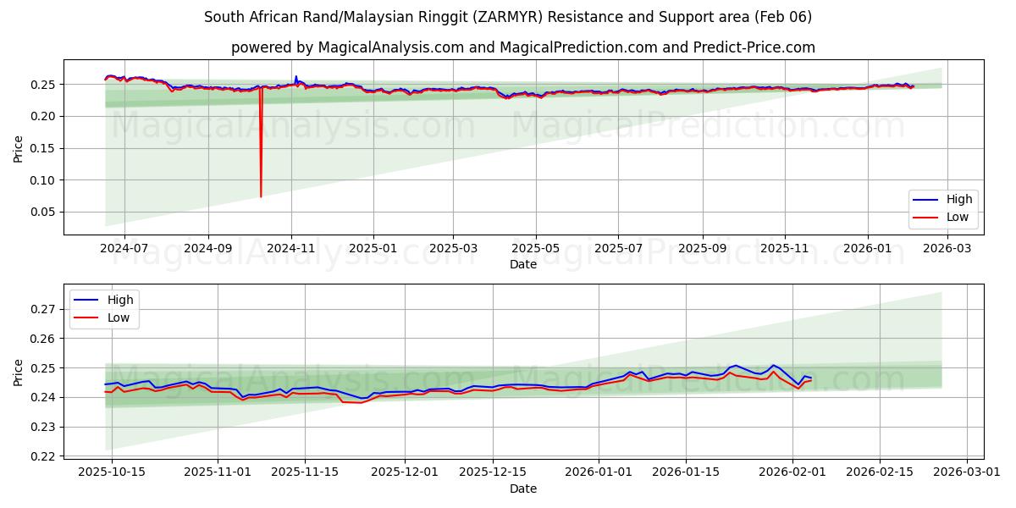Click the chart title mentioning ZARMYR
pyautogui.click(x=507, y=17)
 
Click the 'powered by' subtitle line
pyautogui.click(x=522, y=47)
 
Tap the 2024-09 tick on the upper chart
pyautogui.click(x=207, y=248)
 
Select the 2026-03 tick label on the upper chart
pyautogui.click(x=947, y=248)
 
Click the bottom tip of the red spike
pyautogui.click(x=261, y=196)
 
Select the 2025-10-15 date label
pyautogui.click(x=111, y=472)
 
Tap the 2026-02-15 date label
pyautogui.click(x=880, y=472)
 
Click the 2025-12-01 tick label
pyautogui.click(x=405, y=472)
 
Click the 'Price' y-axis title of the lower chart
pyautogui.click(x=19, y=372)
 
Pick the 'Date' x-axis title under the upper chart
pyautogui.click(x=522, y=264)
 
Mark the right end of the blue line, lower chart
pyautogui.click(x=811, y=378)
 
